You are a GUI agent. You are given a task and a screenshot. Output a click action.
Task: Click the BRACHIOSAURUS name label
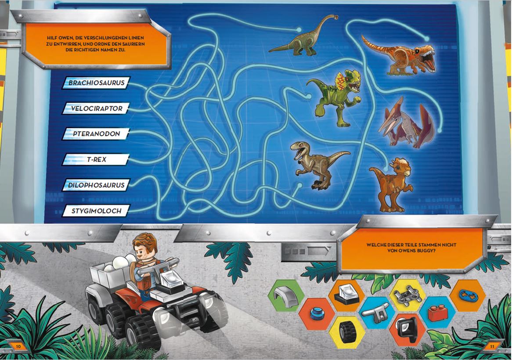coord(96,83)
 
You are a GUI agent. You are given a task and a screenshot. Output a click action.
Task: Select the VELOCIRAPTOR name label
coord(96,108)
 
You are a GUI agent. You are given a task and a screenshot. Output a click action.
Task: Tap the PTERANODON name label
coord(96,134)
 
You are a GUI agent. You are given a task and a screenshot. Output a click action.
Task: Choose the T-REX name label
coord(96,160)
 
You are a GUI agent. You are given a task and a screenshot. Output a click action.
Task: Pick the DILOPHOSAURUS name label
coord(96,185)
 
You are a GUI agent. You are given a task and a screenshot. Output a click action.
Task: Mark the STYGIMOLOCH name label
coord(96,211)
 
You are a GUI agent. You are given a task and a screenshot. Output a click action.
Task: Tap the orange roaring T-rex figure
coord(400,55)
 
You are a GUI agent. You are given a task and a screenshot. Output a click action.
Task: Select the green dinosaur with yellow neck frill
coord(335,97)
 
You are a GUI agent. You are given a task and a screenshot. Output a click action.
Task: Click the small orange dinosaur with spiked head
coord(392,184)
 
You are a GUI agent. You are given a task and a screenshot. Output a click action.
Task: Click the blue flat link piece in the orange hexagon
coord(468,295)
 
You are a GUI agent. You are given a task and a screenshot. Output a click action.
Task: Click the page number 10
coord(18,346)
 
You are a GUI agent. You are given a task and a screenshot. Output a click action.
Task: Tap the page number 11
coord(492,346)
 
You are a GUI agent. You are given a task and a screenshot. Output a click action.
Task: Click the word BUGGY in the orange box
coord(426,251)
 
